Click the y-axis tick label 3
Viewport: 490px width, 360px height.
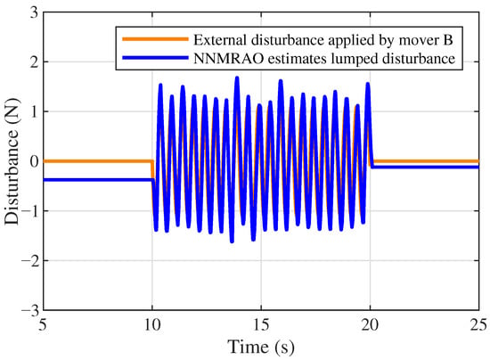(x=34, y=12)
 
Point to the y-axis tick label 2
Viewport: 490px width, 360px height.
(x=34, y=62)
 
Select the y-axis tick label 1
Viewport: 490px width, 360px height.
(x=35, y=111)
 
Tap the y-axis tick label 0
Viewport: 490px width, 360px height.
(x=34, y=161)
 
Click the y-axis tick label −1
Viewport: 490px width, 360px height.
(x=29, y=211)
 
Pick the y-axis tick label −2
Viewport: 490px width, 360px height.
(x=29, y=260)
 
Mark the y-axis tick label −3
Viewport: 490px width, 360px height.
(x=29, y=310)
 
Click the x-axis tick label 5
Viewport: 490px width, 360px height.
(x=43, y=325)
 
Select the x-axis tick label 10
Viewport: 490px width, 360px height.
(x=152, y=325)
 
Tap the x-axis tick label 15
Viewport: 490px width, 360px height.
(x=261, y=325)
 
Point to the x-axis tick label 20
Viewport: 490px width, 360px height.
(x=370, y=325)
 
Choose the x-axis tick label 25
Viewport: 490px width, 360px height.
(x=478, y=325)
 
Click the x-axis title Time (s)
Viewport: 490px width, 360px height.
(x=261, y=347)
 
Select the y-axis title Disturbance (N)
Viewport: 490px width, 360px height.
(x=12, y=161)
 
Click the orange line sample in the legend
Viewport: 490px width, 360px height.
(x=155, y=39)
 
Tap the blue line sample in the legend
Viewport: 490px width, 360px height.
(x=155, y=58)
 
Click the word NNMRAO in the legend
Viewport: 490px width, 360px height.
(x=229, y=59)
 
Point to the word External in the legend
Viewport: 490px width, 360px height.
(x=220, y=40)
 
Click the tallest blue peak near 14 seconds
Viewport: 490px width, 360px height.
(x=237, y=78)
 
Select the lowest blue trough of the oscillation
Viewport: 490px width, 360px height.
(x=232, y=241)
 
